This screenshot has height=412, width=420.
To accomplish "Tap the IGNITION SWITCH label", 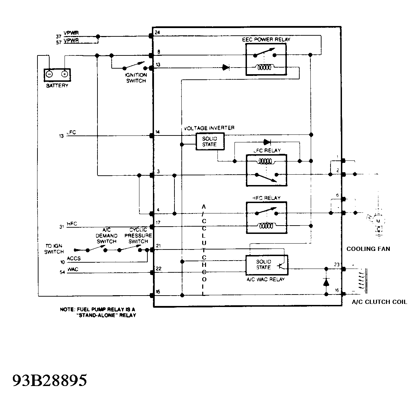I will [136, 78].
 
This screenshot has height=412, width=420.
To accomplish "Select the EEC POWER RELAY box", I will [266, 60].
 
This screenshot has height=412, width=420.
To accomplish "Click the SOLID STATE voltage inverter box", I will [209, 141].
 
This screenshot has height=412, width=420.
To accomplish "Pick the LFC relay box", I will [266, 170].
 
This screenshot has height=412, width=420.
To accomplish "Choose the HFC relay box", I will [266, 218].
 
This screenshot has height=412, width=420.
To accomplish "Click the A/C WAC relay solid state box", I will [267, 265].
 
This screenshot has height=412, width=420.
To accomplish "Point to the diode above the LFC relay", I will [267, 142].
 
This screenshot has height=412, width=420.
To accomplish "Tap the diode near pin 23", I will [326, 282].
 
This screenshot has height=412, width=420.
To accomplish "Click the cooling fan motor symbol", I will [378, 221].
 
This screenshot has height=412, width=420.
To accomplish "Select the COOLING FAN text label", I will [368, 249].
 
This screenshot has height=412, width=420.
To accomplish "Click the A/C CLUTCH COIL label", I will [379, 302].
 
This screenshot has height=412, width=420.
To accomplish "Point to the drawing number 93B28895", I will [50, 380].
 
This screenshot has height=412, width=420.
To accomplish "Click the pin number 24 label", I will [157, 33].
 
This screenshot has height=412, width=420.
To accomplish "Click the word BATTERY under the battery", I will [57, 86].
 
